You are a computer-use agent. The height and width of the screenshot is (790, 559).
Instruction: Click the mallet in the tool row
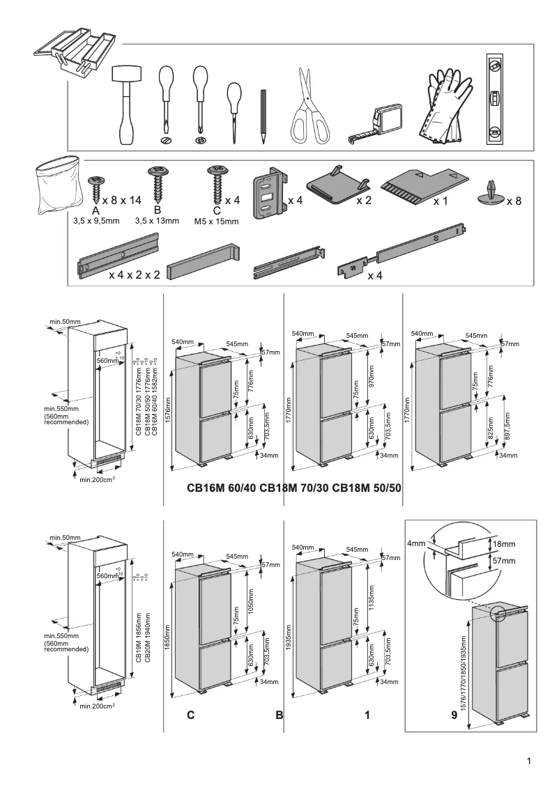coord(126,104)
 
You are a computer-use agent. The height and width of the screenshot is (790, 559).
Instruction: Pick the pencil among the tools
coord(264,116)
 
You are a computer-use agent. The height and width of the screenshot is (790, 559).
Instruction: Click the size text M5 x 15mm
coord(216,222)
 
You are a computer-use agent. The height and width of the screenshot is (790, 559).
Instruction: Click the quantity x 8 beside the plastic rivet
coord(514,201)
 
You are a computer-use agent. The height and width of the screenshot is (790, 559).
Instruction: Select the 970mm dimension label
coord(370,378)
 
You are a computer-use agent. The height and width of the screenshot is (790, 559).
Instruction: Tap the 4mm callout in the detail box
coord(415,543)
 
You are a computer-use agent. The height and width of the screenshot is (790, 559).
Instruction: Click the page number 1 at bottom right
coord(530,761)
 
